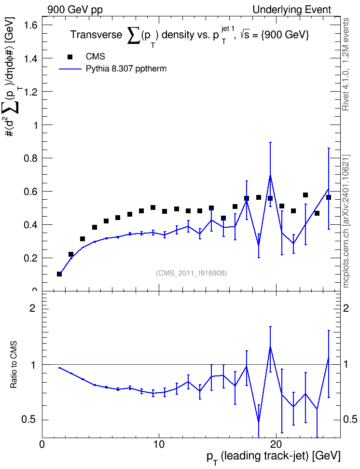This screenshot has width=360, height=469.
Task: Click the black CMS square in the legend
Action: coord(70,56)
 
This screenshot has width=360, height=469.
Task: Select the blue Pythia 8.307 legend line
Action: coord(70,69)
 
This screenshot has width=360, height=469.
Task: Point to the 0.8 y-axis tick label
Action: coord(31,158)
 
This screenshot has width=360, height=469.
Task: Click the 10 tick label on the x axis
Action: coord(159,444)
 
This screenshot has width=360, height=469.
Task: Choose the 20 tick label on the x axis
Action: coord(276,444)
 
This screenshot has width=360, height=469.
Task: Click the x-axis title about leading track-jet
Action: coord(274,456)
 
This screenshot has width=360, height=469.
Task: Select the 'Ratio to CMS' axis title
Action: coord(14,365)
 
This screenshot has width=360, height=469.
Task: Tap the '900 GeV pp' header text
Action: coord(75,10)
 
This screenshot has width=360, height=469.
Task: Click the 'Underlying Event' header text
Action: coord(292,10)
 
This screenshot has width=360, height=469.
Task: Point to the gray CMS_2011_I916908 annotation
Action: coord(192,273)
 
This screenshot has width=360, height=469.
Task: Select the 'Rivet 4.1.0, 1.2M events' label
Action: coord(346,64)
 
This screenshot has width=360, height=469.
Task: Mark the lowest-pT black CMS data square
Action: coord(59,274)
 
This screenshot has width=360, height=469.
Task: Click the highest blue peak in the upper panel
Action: coord(270,176)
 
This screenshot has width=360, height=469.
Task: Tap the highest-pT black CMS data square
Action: coord(329,197)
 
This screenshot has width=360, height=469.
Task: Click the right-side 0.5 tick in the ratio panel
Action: coord(350,420)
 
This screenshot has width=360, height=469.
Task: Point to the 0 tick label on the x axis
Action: coord(42,444)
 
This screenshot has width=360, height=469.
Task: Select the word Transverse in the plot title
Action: coord(97,35)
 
